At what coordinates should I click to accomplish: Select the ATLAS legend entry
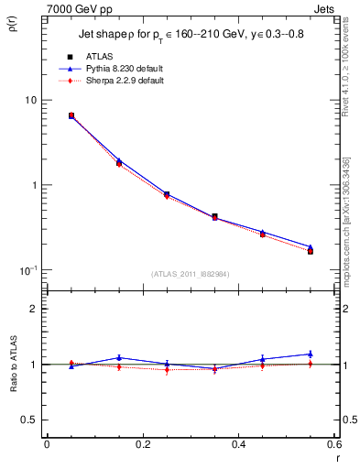coord(100,56)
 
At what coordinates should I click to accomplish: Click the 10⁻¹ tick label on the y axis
coord(27,270)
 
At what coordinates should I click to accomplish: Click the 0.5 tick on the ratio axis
coord(28,420)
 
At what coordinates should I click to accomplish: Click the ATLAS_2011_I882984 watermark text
coord(190,274)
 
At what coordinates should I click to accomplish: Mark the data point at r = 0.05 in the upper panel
coord(71,115)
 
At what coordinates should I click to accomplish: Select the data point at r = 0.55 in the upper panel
coord(311,250)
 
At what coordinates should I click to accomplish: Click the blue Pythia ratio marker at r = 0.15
coord(119,357)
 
